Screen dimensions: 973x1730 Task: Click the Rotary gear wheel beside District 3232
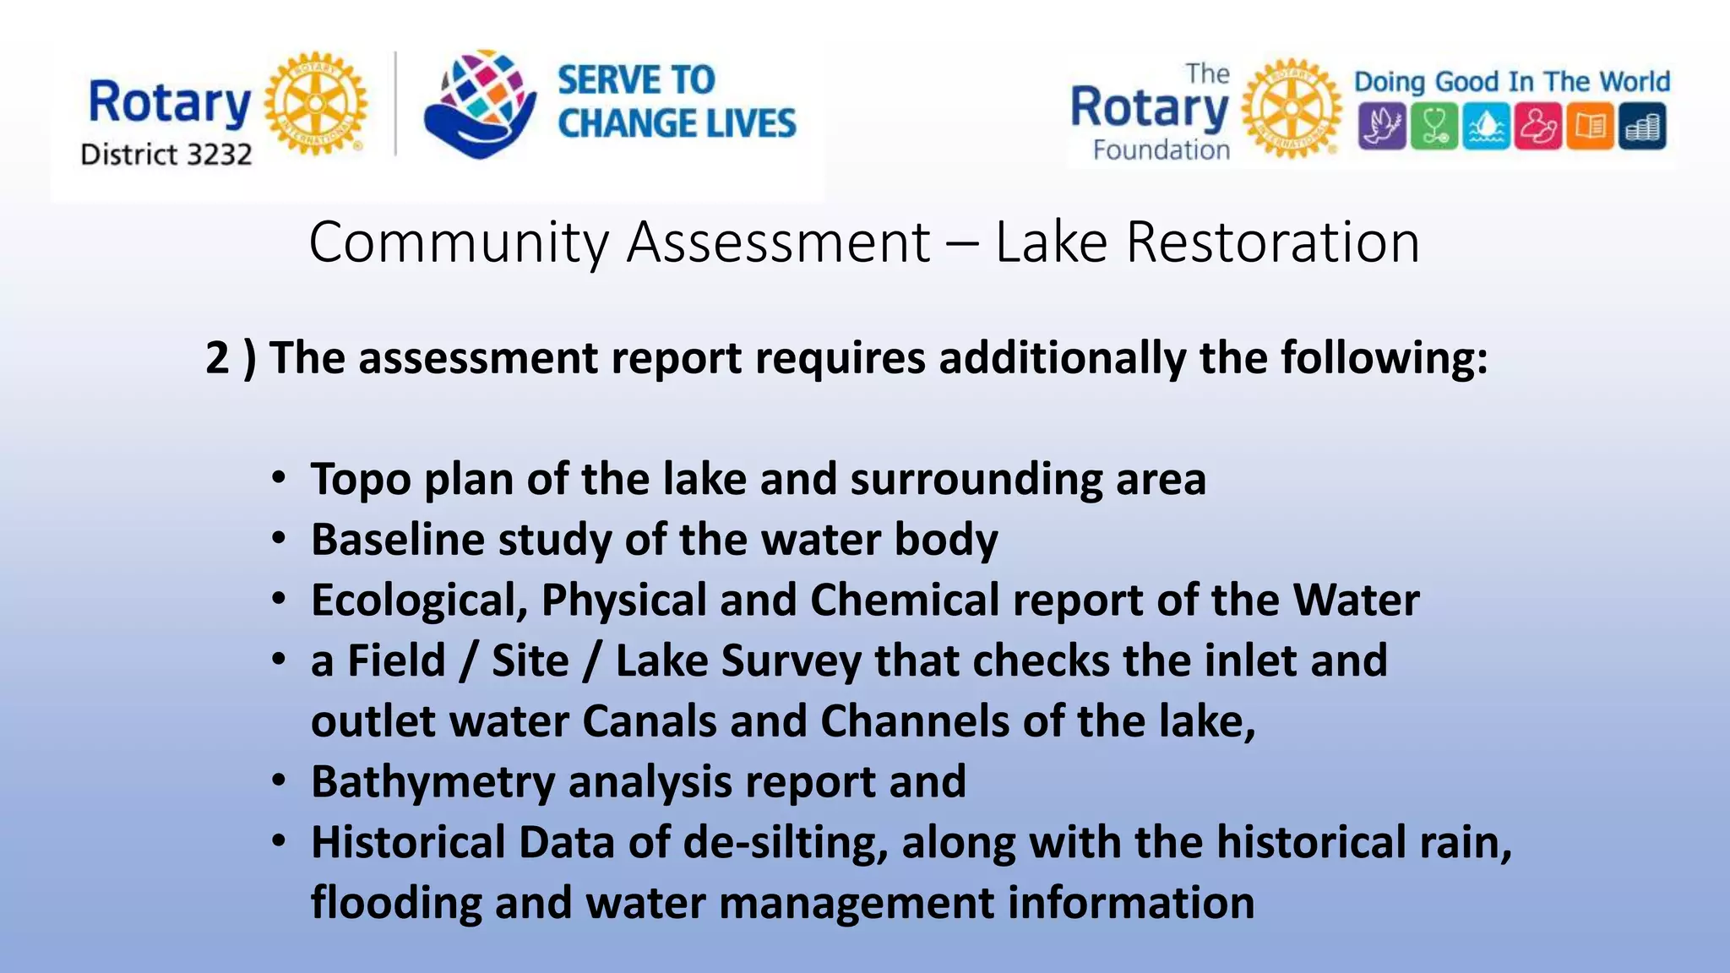point(316,104)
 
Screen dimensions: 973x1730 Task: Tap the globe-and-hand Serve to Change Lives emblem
point(480,104)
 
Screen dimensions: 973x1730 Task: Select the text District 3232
point(166,155)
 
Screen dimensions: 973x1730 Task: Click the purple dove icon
point(1382,126)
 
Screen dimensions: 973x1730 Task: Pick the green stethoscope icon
point(1434,126)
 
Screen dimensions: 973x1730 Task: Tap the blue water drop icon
point(1486,126)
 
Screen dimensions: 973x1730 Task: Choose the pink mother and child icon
point(1538,126)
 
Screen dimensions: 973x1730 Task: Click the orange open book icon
point(1590,126)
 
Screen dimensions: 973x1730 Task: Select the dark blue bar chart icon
point(1642,126)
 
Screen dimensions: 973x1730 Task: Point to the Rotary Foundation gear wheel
point(1292,109)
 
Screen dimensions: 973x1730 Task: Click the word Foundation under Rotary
point(1161,150)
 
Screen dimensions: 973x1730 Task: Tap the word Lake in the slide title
point(1051,242)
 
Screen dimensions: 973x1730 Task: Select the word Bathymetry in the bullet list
point(432,782)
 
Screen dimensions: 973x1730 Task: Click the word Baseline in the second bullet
point(398,540)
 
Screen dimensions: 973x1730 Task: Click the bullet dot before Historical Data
point(280,840)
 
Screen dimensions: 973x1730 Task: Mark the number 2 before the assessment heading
point(218,358)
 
